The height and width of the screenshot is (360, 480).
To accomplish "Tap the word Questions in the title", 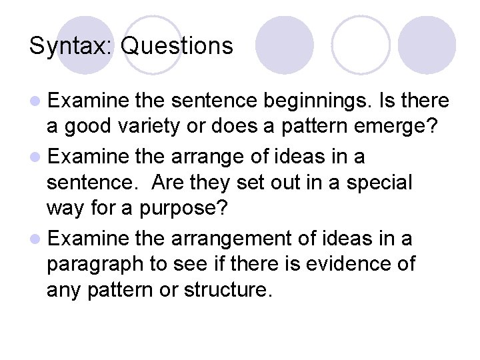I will coord(178,45).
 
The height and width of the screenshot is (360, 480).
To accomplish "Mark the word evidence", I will coord(356,263).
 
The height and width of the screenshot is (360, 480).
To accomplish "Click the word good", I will coord(83,127).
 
